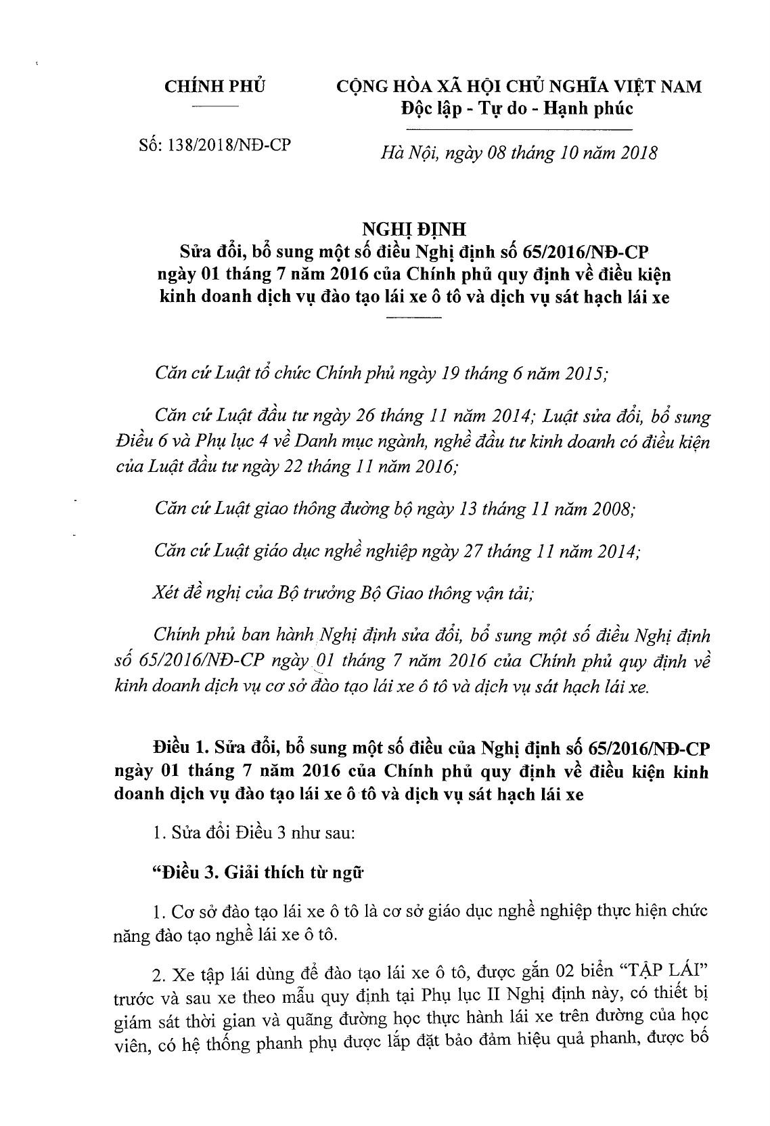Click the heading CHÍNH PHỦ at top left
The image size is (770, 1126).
[x=216, y=87]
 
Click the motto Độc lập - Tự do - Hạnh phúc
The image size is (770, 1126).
[x=515, y=109]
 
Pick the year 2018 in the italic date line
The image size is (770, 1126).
[x=635, y=153]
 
